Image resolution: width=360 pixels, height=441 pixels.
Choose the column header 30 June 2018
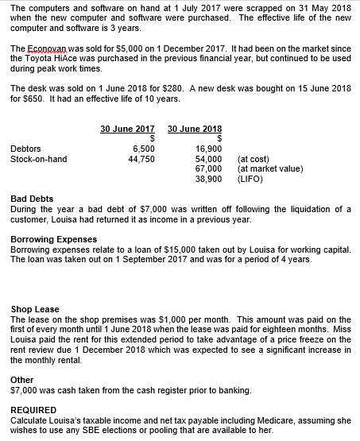coord(195,129)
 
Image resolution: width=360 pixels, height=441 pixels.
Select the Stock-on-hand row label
coord(39,159)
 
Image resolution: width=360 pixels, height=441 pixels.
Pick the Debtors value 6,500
coord(143,149)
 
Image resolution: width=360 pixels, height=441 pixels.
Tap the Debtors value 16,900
coord(209,149)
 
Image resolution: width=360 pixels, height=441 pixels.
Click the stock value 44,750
coord(141,159)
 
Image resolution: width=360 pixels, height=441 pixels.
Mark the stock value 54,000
coord(209,159)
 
